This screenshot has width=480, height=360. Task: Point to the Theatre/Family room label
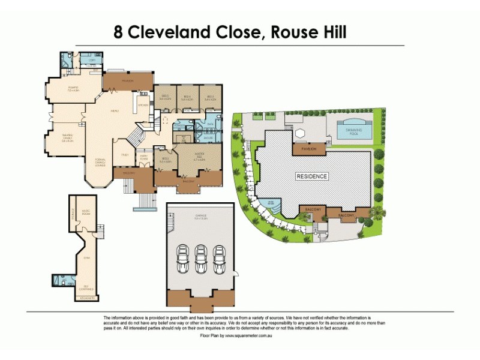pyautogui.click(x=67, y=137)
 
